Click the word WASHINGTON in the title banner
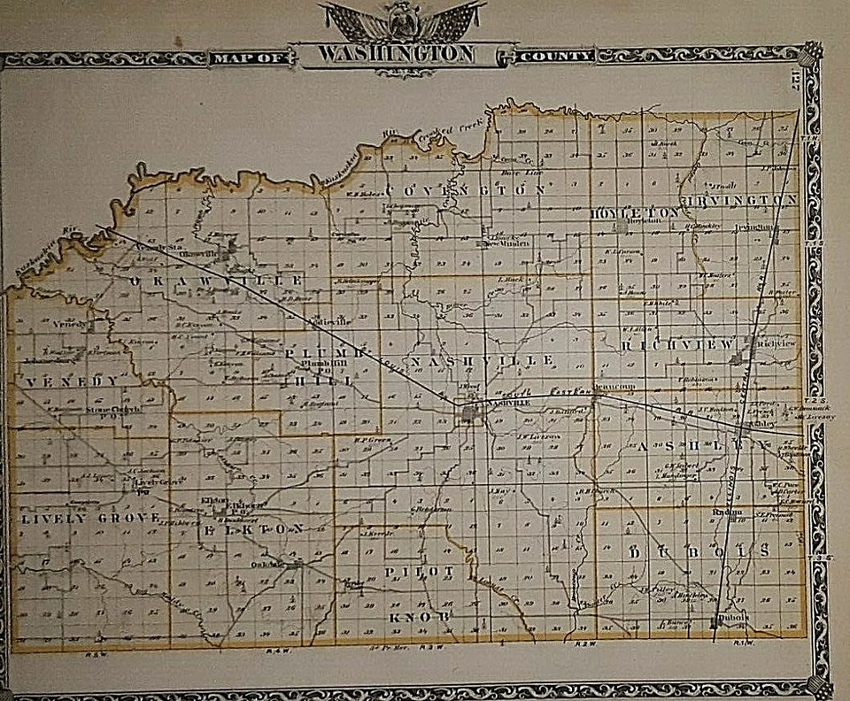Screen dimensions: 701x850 click(x=396, y=54)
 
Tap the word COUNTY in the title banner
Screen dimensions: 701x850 click(x=556, y=56)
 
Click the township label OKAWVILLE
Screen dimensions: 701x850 click(x=218, y=281)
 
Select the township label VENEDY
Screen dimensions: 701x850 click(x=72, y=381)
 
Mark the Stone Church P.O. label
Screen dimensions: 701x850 click(x=115, y=410)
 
